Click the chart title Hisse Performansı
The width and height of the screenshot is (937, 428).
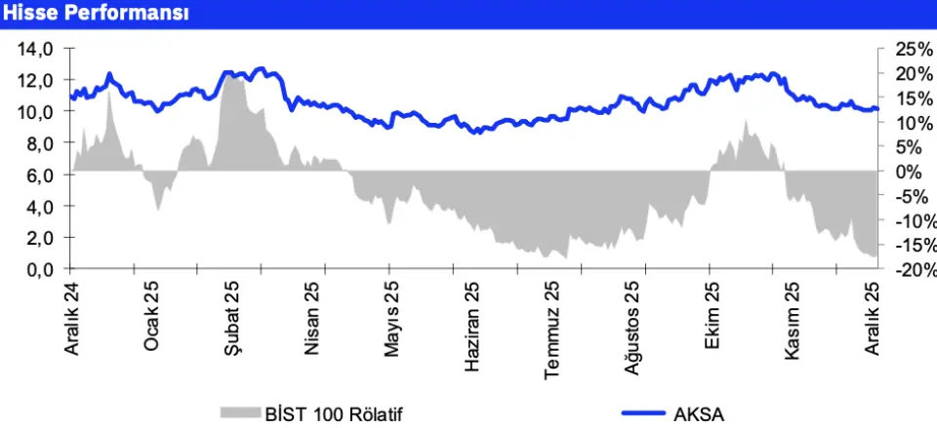tap(95, 14)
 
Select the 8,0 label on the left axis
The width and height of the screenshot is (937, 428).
tap(38, 143)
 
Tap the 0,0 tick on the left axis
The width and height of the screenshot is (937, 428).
tap(38, 270)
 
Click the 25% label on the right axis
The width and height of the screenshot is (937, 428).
tap(913, 49)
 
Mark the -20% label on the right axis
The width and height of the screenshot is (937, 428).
tap(916, 270)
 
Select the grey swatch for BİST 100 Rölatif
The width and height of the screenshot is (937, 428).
tap(237, 413)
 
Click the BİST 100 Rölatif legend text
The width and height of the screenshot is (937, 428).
tap(334, 413)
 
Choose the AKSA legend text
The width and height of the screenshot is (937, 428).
tap(700, 413)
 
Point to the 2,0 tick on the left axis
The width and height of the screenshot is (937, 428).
tap(38, 238)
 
